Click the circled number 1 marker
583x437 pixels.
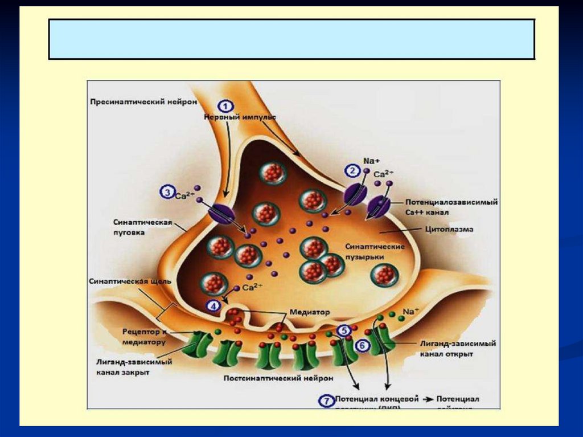click(226, 106)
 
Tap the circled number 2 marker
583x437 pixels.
click(351, 170)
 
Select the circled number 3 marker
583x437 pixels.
click(167, 193)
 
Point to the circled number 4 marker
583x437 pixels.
click(214, 306)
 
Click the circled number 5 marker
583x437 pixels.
click(344, 330)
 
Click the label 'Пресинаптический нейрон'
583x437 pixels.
click(143, 102)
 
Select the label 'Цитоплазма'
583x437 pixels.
click(449, 229)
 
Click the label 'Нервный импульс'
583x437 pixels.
click(240, 116)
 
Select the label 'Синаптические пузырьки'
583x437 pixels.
click(375, 252)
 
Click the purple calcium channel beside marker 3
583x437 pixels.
click(221, 215)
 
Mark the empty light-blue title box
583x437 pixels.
click(291, 39)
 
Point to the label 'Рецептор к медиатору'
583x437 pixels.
click(144, 336)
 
